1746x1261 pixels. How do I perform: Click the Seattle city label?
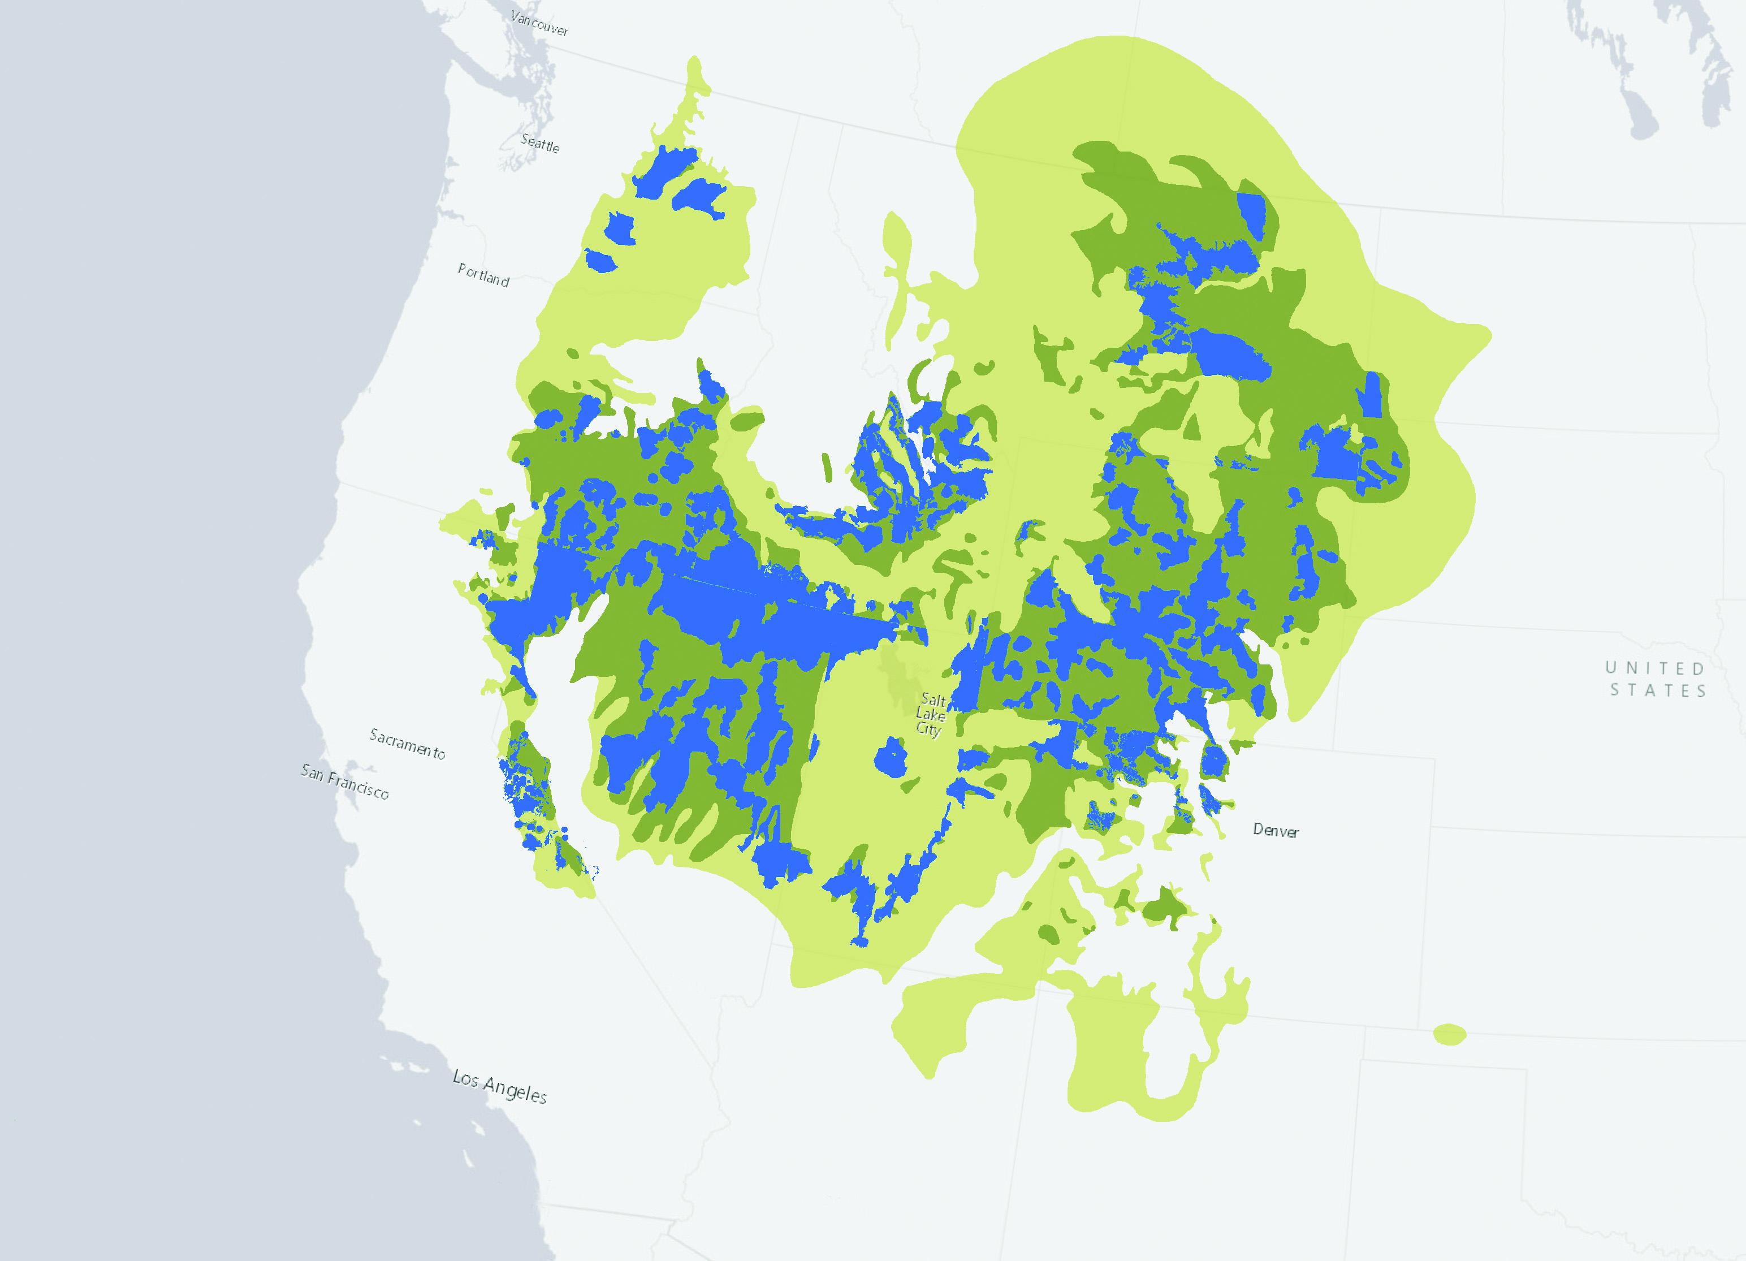(x=539, y=143)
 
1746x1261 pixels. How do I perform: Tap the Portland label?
(x=483, y=275)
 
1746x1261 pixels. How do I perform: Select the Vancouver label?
(x=539, y=23)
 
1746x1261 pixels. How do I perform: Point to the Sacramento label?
(x=407, y=743)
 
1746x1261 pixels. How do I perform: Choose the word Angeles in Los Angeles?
(x=515, y=1090)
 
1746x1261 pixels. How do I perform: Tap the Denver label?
(x=1276, y=831)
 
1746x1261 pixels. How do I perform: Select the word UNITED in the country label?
(x=1654, y=668)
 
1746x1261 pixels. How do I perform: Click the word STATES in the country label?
(x=1658, y=690)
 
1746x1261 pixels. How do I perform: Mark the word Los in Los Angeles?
(x=465, y=1077)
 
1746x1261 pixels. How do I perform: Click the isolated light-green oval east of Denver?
(x=1450, y=1034)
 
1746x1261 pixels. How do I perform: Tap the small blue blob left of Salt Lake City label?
(x=891, y=758)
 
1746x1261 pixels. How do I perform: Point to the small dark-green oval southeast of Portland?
(x=573, y=354)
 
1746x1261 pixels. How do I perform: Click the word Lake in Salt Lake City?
(x=930, y=714)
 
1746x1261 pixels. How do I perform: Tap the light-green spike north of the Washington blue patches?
(x=695, y=77)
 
